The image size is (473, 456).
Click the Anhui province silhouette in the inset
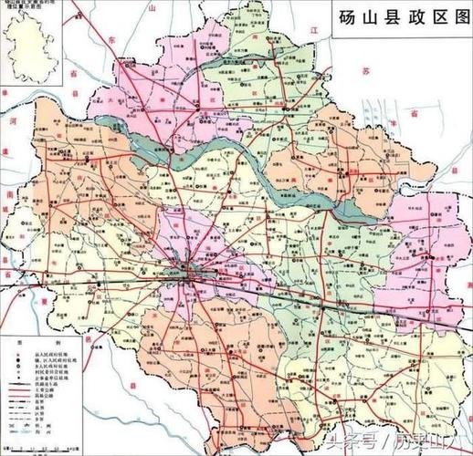point(37,47)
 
